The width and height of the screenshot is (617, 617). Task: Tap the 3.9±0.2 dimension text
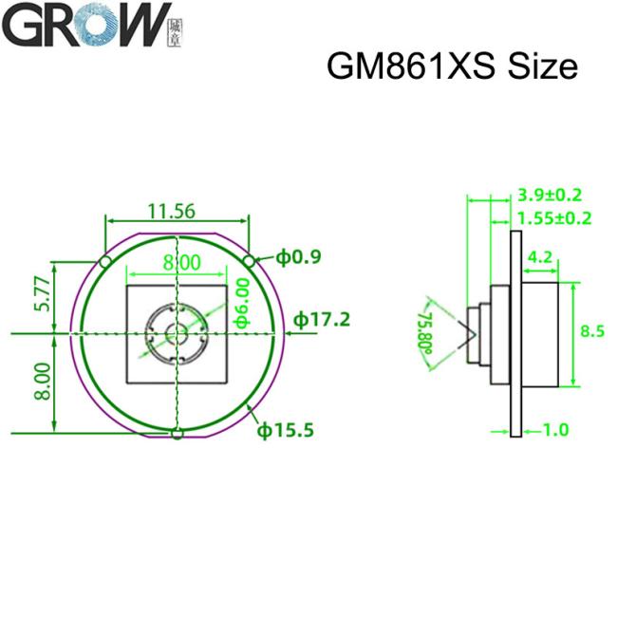click(x=550, y=195)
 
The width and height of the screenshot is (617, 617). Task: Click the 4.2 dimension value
click(x=538, y=256)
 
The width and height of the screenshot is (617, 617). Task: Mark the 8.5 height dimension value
click(x=591, y=331)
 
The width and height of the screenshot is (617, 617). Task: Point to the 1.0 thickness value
click(x=554, y=430)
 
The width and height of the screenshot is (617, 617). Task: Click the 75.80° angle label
click(x=426, y=328)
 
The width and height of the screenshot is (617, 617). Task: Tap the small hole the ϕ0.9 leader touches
click(x=250, y=260)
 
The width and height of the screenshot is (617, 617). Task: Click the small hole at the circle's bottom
click(x=177, y=435)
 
